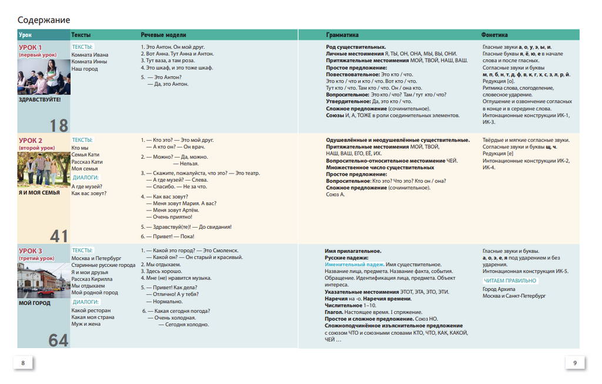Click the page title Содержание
44,20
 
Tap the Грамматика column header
342,35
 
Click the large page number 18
59,125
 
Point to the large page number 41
59,236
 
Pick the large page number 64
59,340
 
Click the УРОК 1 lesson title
31,48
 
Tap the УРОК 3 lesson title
31,251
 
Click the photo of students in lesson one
44,77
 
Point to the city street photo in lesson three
44,281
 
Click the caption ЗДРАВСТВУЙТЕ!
39,99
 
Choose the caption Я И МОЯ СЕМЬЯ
39,192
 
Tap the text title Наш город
85,69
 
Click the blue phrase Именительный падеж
354,265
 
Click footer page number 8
23,363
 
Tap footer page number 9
575,363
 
